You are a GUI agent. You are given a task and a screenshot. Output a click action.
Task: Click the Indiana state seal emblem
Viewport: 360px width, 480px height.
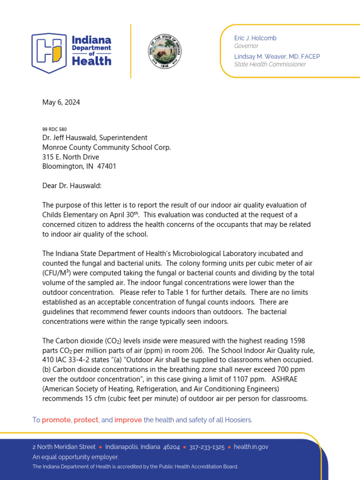[161, 51]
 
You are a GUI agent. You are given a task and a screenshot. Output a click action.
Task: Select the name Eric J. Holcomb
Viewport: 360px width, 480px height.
[256, 37]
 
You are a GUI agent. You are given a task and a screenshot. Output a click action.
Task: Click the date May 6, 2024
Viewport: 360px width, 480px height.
[61, 103]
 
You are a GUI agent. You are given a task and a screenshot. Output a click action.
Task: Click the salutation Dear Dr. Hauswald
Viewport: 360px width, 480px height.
[72, 186]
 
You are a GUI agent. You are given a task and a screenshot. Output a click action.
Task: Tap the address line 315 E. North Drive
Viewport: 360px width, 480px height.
[71, 157]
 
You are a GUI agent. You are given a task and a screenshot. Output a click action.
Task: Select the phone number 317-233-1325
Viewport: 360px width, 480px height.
[207, 447]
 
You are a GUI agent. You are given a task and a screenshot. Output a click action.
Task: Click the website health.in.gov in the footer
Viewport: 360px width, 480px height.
[251, 447]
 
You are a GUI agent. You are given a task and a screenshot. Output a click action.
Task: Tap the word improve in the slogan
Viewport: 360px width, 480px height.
[128, 420]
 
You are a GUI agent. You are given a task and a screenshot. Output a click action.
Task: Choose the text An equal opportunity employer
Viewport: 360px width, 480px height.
[75, 457]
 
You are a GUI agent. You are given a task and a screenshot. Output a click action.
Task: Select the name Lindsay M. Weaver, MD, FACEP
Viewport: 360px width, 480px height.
[277, 57]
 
